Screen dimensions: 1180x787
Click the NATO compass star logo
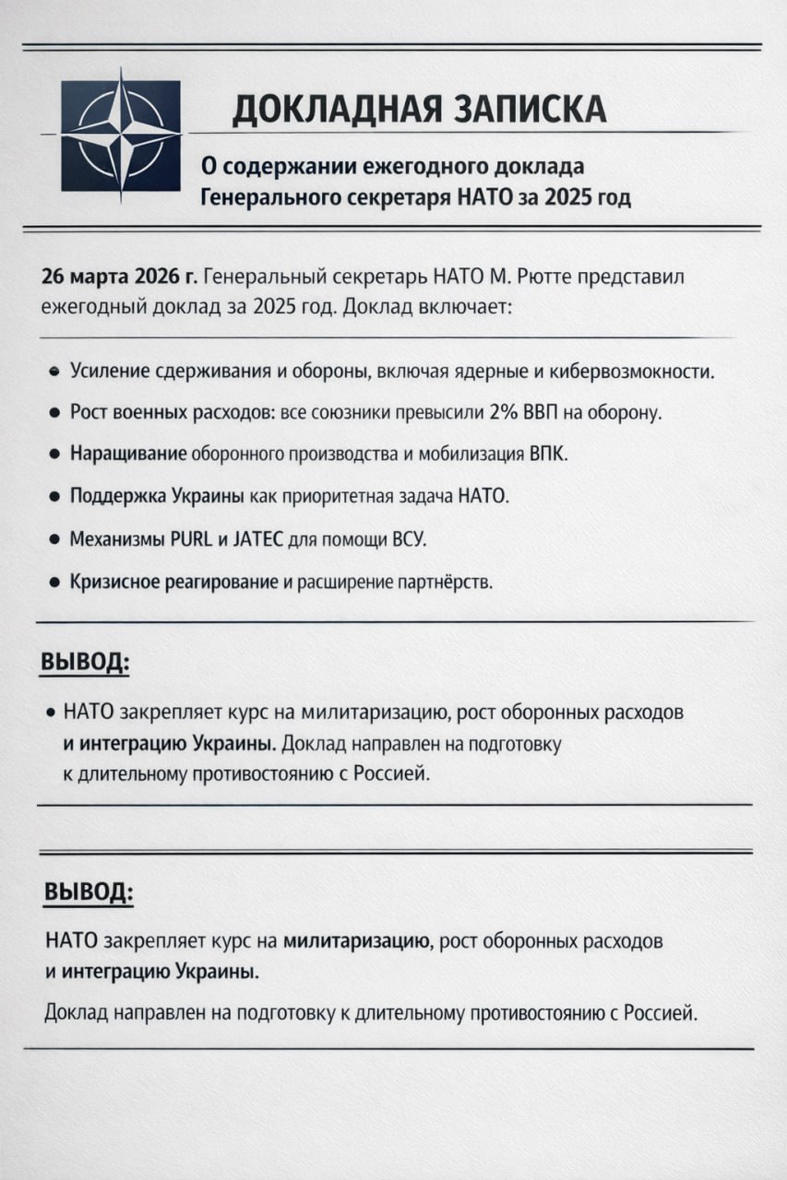[121, 136]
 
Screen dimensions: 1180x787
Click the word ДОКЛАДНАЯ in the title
[333, 110]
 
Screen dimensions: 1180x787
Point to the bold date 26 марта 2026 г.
[118, 277]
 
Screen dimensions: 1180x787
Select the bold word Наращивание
[128, 454]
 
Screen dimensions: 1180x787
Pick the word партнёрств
[447, 583]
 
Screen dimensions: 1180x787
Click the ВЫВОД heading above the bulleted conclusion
[85, 663]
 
